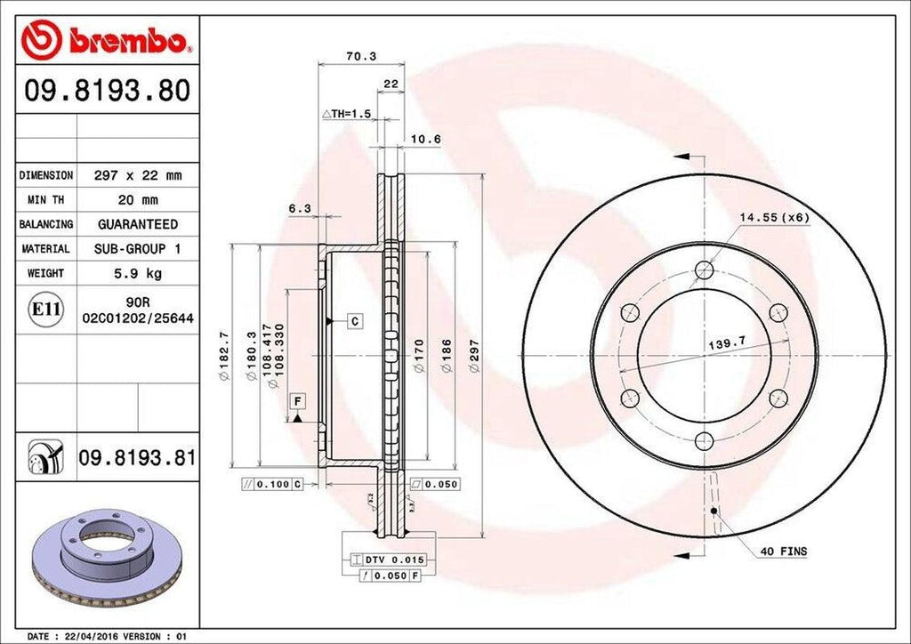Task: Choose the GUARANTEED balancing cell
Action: [x=138, y=224]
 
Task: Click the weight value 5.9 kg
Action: [x=138, y=273]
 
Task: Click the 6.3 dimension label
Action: [x=300, y=208]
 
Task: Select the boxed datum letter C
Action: [x=353, y=320]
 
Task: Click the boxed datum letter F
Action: [x=294, y=400]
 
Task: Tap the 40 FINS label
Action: [x=783, y=551]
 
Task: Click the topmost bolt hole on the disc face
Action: [x=705, y=270]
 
